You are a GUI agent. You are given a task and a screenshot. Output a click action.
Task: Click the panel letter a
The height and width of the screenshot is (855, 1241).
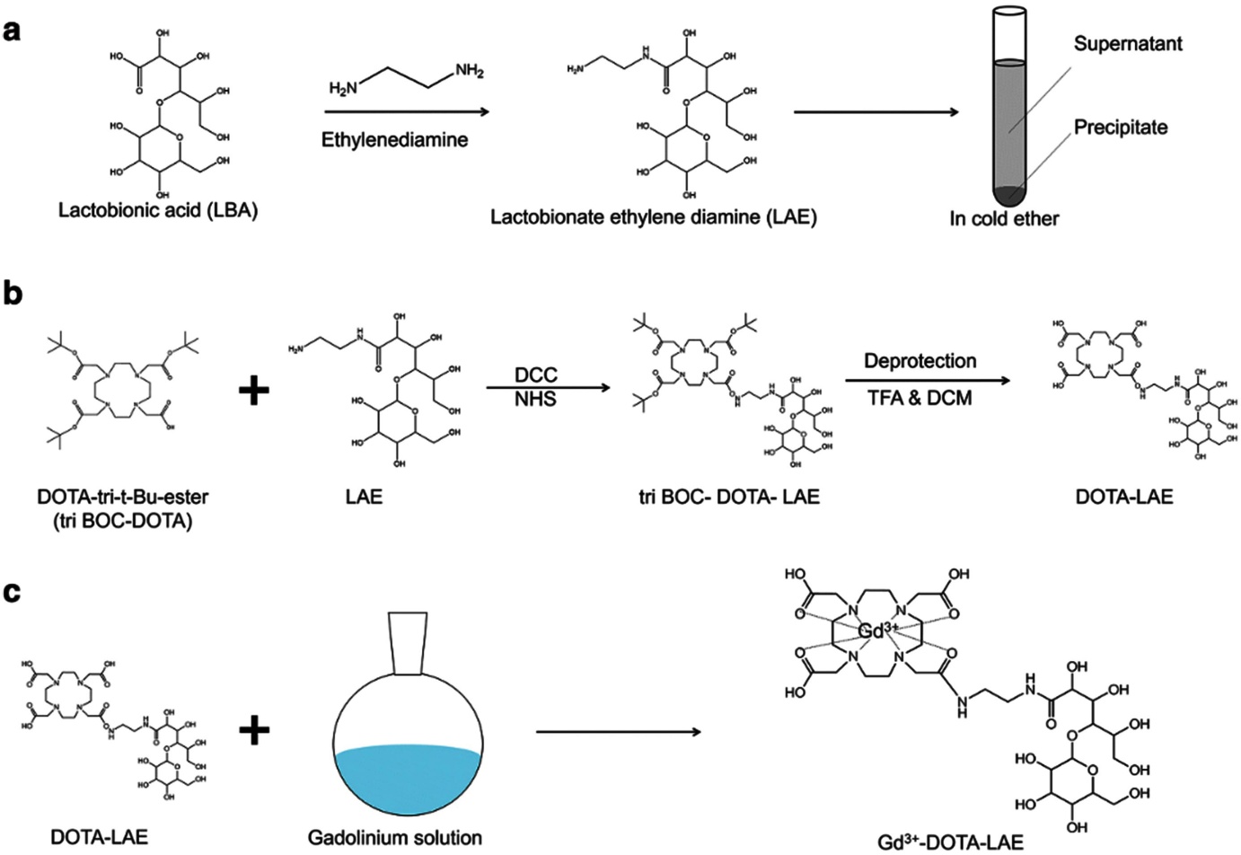click(12, 31)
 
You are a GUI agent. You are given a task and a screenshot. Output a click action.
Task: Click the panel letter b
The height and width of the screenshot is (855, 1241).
click(13, 294)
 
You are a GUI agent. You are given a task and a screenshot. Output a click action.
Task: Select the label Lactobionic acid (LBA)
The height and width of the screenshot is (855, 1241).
click(158, 212)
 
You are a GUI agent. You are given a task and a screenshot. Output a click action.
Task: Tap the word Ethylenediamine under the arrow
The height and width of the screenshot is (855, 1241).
click(395, 139)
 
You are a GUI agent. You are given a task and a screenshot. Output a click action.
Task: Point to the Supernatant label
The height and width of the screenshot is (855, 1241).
click(1128, 43)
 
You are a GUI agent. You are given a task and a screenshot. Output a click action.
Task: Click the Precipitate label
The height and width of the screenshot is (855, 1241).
click(1121, 127)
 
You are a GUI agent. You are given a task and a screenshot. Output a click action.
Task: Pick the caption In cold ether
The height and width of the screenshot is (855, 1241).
click(1004, 218)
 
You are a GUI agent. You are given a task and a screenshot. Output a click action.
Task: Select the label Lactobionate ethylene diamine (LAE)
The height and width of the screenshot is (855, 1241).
click(654, 216)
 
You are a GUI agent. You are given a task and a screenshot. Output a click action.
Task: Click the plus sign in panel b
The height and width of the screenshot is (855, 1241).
click(254, 392)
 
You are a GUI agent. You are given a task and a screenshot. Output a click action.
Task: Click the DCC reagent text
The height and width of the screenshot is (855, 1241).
click(536, 375)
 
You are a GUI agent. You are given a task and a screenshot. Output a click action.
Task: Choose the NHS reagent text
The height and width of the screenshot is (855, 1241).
click(536, 399)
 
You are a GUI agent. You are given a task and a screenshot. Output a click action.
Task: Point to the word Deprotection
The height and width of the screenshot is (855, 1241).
click(920, 361)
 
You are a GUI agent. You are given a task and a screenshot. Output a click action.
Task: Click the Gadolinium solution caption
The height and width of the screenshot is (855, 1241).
click(395, 837)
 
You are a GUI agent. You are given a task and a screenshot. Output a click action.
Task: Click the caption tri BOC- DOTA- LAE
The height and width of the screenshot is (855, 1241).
click(729, 496)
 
